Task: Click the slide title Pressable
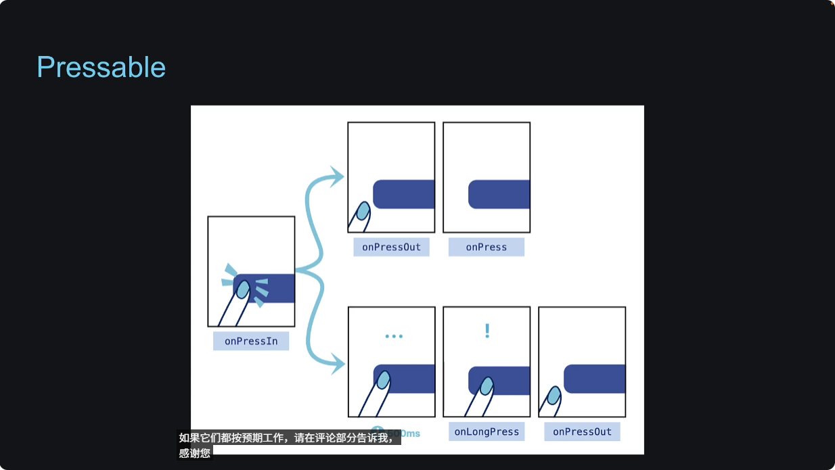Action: tap(101, 68)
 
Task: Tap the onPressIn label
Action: tap(251, 341)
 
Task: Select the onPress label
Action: tap(486, 247)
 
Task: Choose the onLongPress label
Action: tap(487, 431)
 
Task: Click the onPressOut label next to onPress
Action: tap(391, 247)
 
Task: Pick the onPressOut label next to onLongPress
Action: tap(582, 431)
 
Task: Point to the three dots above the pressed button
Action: tap(393, 336)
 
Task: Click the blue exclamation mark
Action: tap(487, 331)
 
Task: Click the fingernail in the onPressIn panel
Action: tap(243, 289)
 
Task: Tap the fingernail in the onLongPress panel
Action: tap(486, 386)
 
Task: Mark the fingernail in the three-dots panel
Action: tap(384, 380)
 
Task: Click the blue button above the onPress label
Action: tap(499, 194)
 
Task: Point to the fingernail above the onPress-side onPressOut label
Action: tap(363, 211)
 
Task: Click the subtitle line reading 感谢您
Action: tap(195, 453)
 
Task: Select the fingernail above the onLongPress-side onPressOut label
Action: tap(554, 395)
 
